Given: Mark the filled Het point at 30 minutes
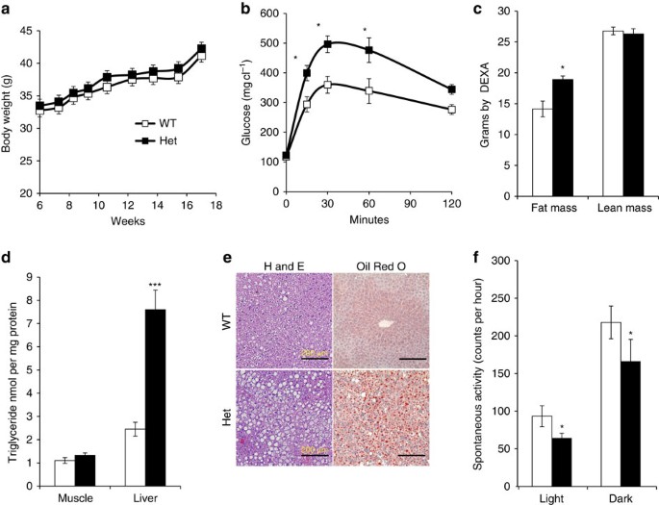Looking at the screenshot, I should [327, 44].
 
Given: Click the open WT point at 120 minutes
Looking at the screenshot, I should [450, 110].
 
